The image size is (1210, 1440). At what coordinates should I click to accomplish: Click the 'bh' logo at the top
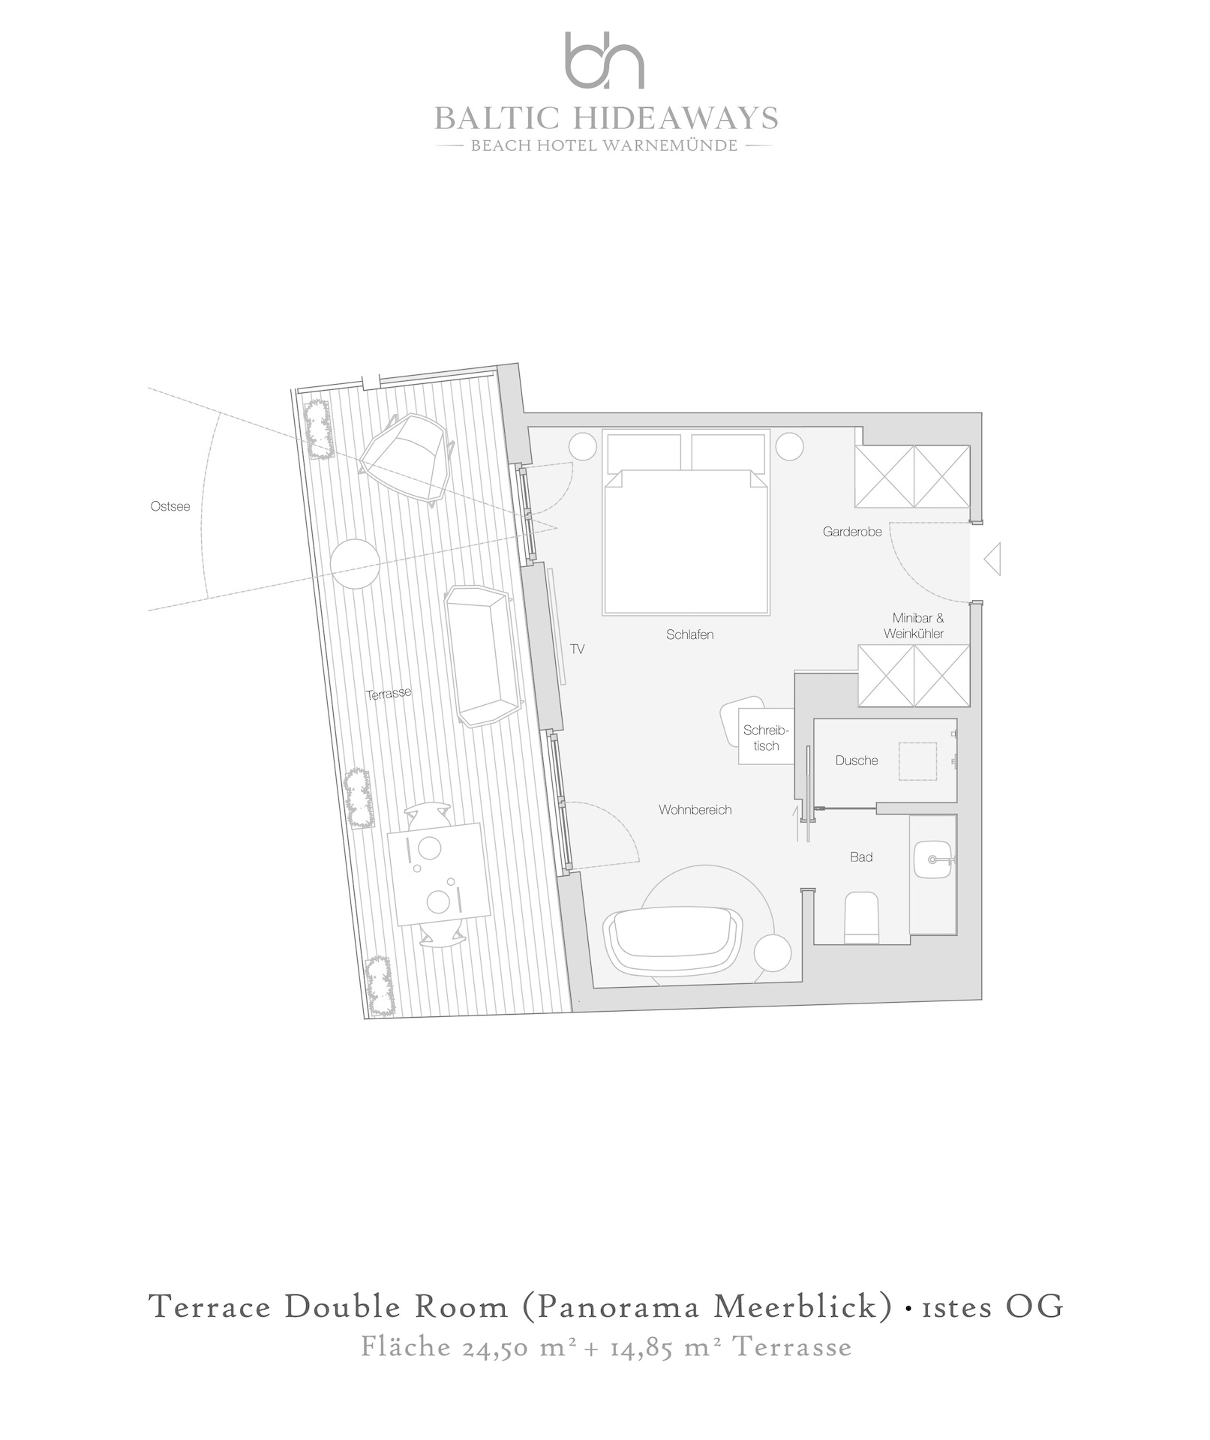[605, 61]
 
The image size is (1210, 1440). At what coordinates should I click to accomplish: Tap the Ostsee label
[170, 506]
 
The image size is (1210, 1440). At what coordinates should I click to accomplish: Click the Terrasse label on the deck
[389, 694]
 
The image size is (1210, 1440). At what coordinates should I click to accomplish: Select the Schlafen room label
[689, 634]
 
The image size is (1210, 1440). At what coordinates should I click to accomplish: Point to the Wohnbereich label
[695, 810]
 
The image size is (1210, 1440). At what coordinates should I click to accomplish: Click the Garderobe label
[852, 532]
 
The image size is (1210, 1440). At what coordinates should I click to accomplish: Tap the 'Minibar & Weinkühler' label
[914, 626]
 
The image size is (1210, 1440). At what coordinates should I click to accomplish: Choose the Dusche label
[857, 760]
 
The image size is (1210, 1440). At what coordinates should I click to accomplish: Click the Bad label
[861, 857]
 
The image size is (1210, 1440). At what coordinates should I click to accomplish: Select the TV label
[577, 649]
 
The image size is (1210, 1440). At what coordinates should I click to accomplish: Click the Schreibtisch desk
[766, 736]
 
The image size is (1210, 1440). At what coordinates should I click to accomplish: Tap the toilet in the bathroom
[861, 916]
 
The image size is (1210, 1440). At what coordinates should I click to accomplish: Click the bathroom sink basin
[934, 859]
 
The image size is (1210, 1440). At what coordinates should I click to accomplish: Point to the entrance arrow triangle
[992, 559]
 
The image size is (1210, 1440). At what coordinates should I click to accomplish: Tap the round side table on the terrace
[355, 565]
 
